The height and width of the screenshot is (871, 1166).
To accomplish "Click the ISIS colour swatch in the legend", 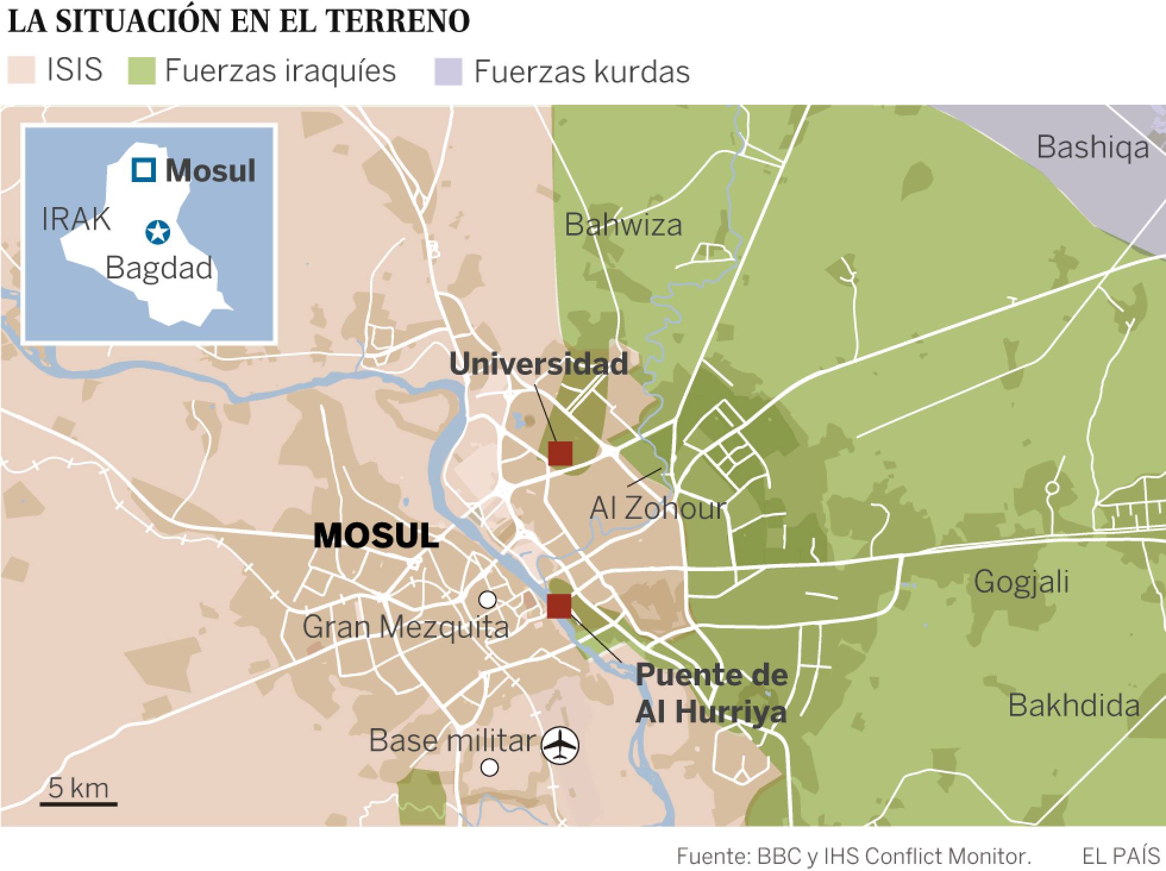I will pyautogui.click(x=21, y=71).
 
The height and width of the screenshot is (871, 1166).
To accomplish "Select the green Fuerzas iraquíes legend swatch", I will pyautogui.click(x=142, y=71).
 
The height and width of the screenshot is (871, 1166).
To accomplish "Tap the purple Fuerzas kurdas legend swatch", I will pyautogui.click(x=449, y=71).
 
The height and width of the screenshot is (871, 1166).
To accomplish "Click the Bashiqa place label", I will pyautogui.click(x=1093, y=148).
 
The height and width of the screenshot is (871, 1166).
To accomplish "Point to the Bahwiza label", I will pyautogui.click(x=623, y=225).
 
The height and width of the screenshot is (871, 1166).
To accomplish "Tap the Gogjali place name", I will pyautogui.click(x=1021, y=581).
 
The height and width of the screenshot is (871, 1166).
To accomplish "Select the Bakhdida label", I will pyautogui.click(x=1074, y=706).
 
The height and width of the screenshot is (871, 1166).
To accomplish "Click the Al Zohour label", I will pyautogui.click(x=658, y=509).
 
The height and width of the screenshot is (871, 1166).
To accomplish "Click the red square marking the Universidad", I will pyautogui.click(x=560, y=453).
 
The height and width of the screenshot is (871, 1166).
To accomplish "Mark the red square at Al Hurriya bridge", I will pyautogui.click(x=559, y=606).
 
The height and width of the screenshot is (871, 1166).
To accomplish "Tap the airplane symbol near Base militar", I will pyautogui.click(x=560, y=744).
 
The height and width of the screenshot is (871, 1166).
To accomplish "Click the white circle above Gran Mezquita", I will pyautogui.click(x=487, y=600).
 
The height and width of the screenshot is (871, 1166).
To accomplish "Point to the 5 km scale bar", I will pyautogui.click(x=79, y=804).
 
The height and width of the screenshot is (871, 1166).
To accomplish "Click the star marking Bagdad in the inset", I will pyautogui.click(x=158, y=233).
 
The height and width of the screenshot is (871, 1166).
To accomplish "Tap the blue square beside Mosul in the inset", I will pyautogui.click(x=144, y=170).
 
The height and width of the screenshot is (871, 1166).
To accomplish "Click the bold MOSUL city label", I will pyautogui.click(x=376, y=536).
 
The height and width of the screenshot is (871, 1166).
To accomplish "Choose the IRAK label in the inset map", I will pyautogui.click(x=76, y=220).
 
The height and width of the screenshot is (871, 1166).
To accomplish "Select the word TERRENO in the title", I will pyautogui.click(x=399, y=21).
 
